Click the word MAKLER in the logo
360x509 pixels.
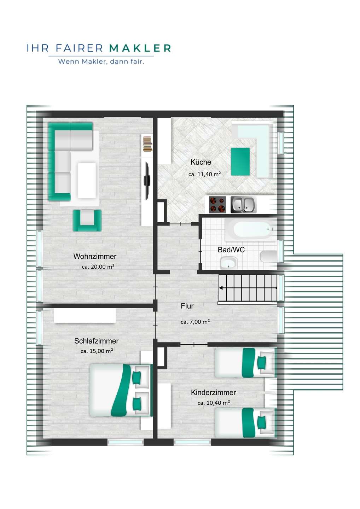140,48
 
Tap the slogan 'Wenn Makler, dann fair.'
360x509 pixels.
101,62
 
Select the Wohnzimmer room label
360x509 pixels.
95,256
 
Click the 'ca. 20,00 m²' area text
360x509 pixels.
98,267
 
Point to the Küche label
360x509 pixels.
201,162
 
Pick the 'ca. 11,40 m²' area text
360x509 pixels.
204,174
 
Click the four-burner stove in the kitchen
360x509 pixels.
217,205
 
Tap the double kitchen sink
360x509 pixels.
243,205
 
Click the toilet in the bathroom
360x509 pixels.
269,257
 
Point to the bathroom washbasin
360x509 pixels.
228,263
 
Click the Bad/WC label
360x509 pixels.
231,250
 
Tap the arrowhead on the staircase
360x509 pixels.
221,288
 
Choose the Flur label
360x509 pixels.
187,306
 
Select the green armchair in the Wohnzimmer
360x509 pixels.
87,221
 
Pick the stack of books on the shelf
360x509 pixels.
147,144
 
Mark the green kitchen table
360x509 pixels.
240,162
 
